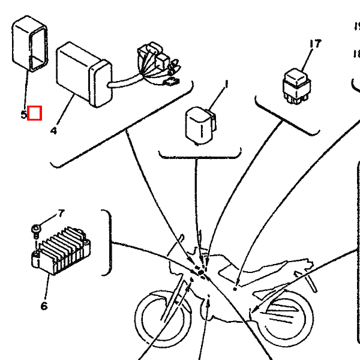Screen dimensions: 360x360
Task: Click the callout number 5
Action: (23, 113)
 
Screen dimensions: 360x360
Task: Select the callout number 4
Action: (53, 130)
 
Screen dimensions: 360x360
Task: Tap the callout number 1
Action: (227, 85)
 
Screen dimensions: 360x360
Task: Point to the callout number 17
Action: (315, 44)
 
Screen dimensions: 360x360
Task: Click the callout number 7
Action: (60, 214)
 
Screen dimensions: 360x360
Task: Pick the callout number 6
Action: (44, 306)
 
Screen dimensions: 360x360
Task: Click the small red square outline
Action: (34, 113)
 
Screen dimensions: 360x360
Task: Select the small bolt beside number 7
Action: (37, 229)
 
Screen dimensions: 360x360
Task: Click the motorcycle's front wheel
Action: (160, 316)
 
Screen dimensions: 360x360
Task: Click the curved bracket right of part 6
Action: (110, 242)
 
